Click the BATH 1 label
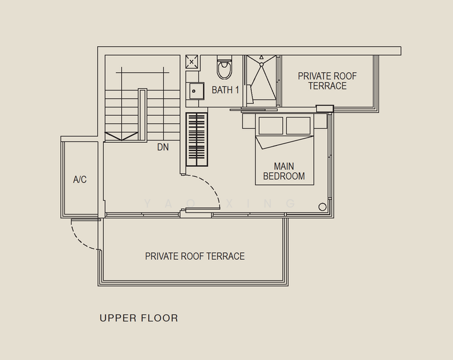coord(226,90)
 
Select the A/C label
coord(80,179)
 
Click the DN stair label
coord(163,146)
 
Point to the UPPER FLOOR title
coord(139,318)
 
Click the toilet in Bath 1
coord(224,70)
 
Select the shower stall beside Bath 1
coord(262,82)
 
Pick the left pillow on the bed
coord(271,126)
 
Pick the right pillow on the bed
coord(298,126)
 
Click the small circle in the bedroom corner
coord(322,208)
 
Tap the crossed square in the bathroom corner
coord(192,61)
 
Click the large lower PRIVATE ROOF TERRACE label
coord(195,256)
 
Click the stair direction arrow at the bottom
coord(121,136)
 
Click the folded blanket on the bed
coord(285,144)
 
